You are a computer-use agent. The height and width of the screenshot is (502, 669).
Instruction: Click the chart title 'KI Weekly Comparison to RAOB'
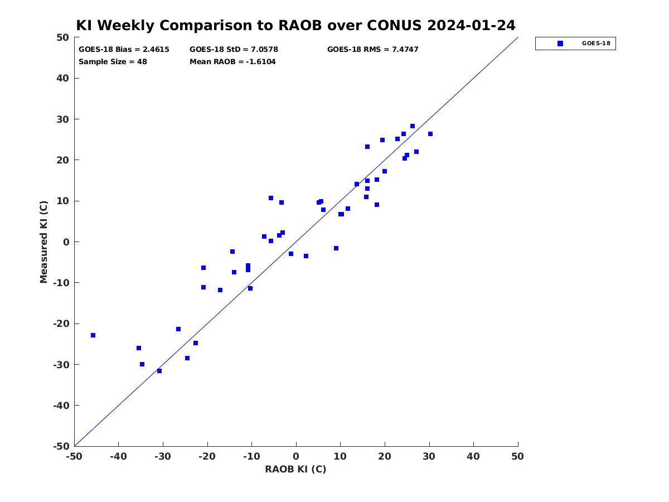[199, 26]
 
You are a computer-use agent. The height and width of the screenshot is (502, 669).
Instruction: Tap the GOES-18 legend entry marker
[560, 44]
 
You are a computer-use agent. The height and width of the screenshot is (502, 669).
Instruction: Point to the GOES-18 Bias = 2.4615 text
[124, 50]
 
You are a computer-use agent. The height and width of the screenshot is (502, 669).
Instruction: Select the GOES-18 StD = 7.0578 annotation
[234, 50]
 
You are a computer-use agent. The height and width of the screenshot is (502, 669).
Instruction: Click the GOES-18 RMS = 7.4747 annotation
[373, 50]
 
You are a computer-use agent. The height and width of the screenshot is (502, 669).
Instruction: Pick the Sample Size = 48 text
[113, 62]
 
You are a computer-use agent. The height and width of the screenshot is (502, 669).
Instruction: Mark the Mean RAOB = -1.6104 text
[232, 62]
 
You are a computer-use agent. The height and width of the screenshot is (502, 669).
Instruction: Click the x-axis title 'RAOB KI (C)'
[295, 469]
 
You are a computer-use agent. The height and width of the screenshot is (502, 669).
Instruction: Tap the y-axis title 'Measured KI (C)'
[43, 242]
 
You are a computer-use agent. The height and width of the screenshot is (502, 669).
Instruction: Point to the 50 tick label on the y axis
[63, 37]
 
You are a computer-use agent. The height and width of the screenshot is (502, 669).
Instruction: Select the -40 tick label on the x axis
[118, 456]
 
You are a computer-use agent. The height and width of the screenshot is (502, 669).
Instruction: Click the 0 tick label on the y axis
[66, 242]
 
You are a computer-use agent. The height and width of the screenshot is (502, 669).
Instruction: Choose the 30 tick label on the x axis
[429, 456]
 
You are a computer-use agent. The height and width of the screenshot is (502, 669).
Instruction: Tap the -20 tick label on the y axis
[61, 324]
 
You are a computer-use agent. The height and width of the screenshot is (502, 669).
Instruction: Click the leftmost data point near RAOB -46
[93, 335]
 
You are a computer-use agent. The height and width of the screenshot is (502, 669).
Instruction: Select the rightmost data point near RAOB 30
[430, 134]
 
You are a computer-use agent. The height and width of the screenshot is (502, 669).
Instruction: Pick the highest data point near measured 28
[413, 126]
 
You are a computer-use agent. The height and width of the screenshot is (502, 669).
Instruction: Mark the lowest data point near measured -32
[159, 371]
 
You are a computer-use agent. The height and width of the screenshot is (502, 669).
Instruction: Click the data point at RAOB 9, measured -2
[336, 248]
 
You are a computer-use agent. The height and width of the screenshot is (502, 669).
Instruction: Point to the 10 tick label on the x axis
[340, 456]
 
